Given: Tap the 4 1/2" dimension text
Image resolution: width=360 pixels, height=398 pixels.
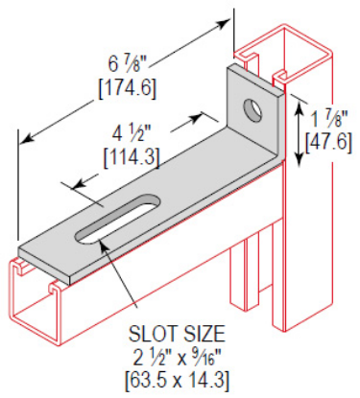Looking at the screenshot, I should (132, 132).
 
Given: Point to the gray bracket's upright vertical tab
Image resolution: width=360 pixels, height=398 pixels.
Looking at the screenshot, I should (254, 115).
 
